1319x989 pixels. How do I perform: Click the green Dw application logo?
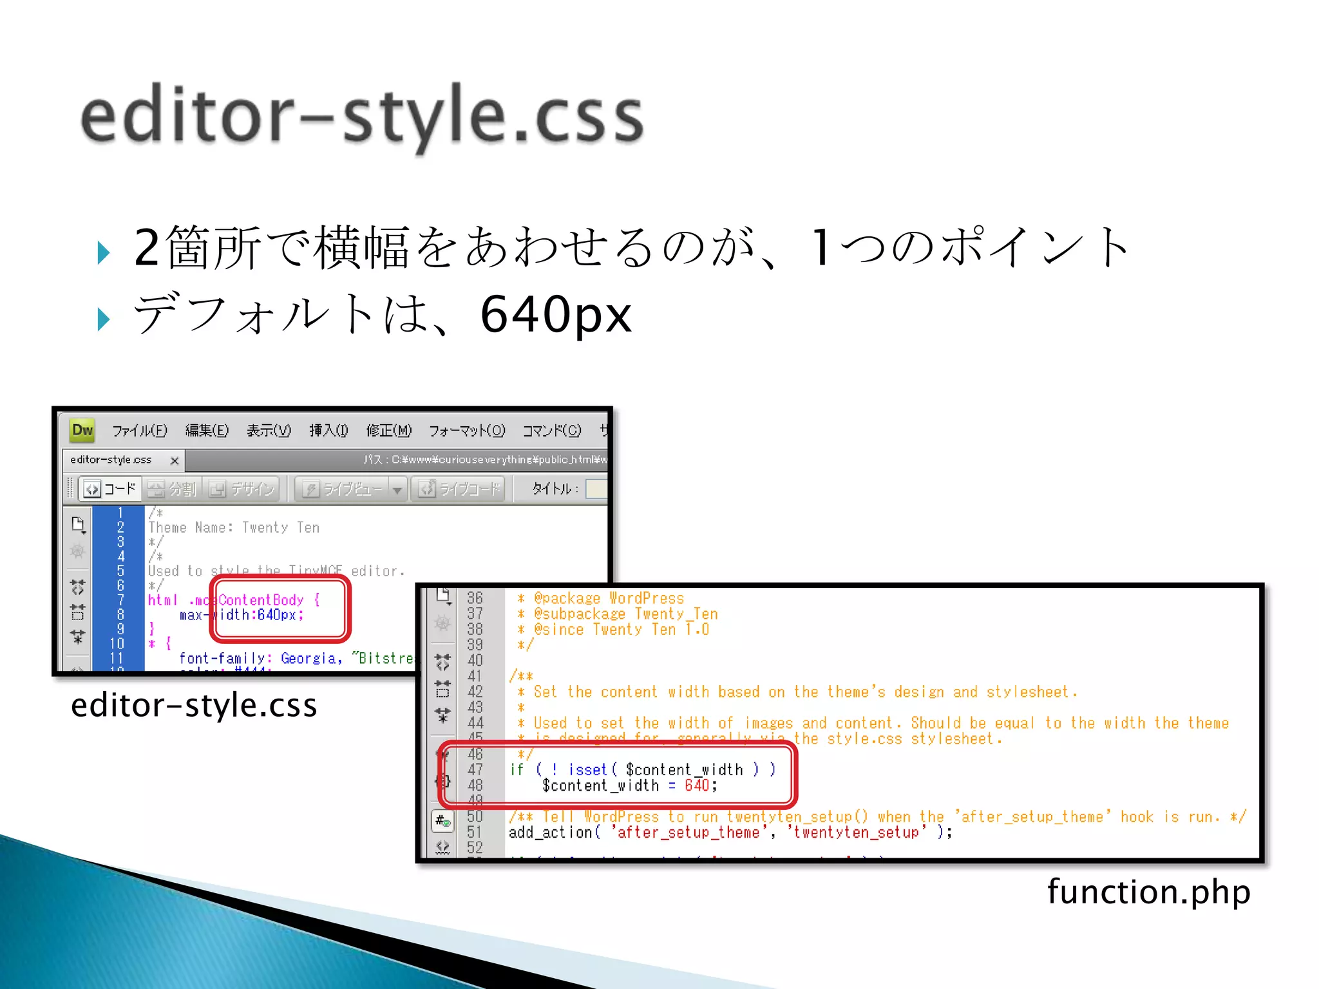[83, 430]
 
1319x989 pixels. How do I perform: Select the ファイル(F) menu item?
[139, 431]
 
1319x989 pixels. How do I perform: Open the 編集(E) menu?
[207, 431]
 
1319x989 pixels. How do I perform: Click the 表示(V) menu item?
[269, 431]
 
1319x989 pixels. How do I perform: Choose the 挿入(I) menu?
[328, 431]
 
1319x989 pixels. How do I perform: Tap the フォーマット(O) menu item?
[467, 431]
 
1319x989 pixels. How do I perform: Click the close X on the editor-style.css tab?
[175, 460]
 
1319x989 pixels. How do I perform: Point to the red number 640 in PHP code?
[697, 786]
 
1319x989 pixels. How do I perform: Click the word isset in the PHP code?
[587, 770]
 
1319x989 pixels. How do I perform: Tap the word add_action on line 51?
[550, 833]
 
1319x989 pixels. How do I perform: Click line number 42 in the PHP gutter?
[475, 692]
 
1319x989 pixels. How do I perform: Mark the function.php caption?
[1148, 892]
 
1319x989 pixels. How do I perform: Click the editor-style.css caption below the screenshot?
[194, 705]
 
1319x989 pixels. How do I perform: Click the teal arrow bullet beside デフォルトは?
[104, 319]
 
